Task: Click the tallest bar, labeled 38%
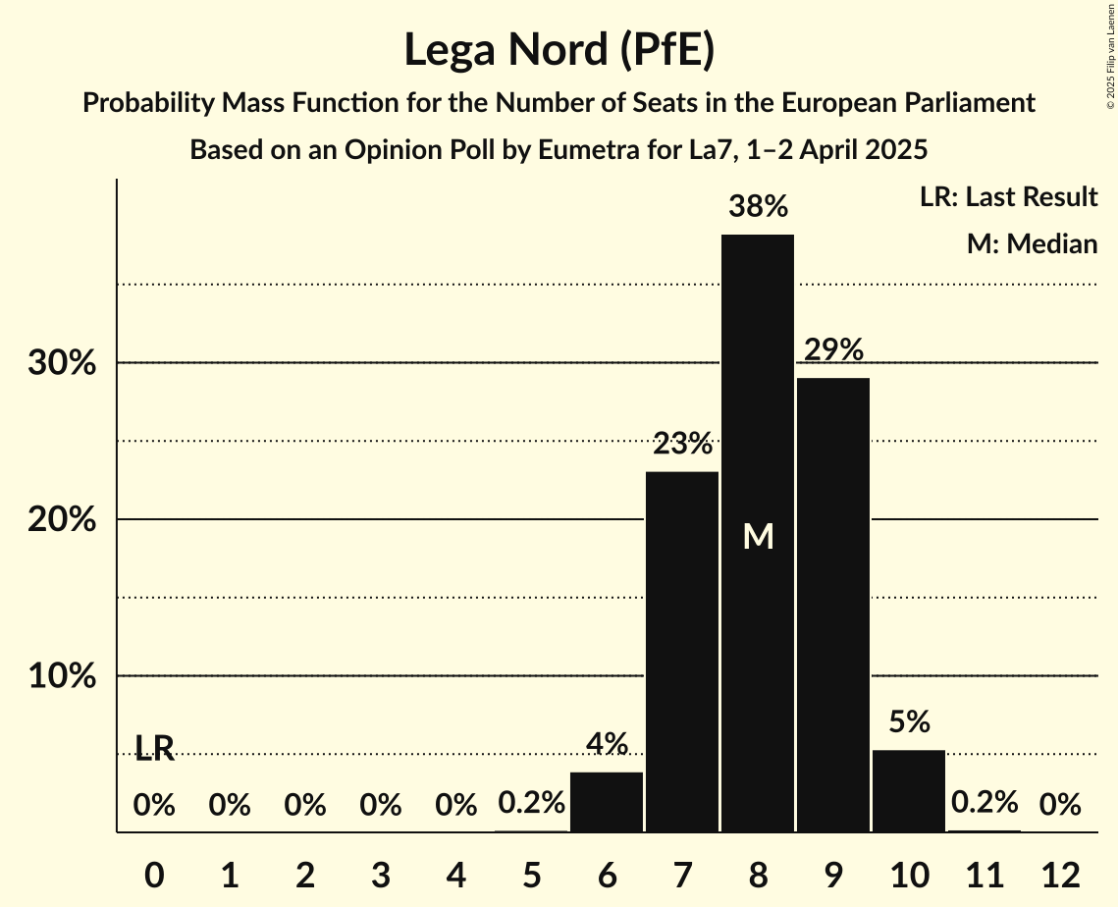[x=757, y=393]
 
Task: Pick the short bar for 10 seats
[x=908, y=791]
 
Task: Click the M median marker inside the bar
[x=758, y=536]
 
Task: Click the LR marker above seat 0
[x=154, y=749]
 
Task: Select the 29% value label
[x=833, y=349]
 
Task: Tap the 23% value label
[x=682, y=444]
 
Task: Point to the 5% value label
[x=909, y=721]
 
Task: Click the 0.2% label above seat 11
[x=984, y=802]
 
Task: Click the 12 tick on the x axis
[x=1060, y=875]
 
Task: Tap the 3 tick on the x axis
[x=380, y=875]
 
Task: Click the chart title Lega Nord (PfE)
[x=559, y=50]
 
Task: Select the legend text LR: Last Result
[x=1008, y=196]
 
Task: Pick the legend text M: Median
[x=1032, y=243]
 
